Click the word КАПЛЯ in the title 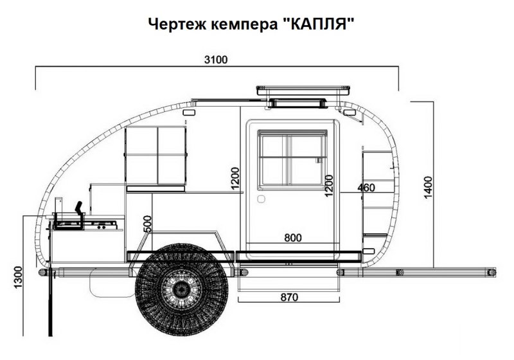pyautogui.click(x=324, y=25)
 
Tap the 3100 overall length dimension pyautogui.click(x=216, y=60)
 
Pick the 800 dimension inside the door pyautogui.click(x=292, y=239)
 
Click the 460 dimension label pyautogui.click(x=366, y=188)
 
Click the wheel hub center pyautogui.click(x=182, y=290)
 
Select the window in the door pyautogui.click(x=292, y=158)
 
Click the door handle pyautogui.click(x=261, y=199)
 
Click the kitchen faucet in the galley pyautogui.click(x=78, y=209)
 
